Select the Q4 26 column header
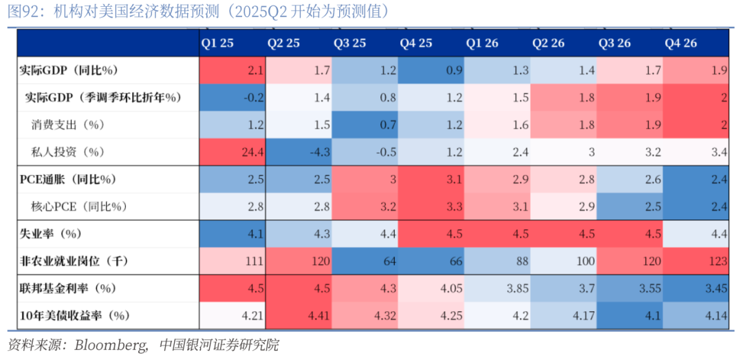click(680, 43)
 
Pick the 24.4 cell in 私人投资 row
click(233, 152)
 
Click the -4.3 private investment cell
click(299, 152)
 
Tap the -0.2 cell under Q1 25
click(233, 98)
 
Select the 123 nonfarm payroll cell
click(696, 262)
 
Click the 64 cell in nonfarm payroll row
click(365, 262)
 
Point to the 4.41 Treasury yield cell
click(299, 316)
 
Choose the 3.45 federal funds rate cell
click(696, 288)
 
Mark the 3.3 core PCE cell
click(431, 207)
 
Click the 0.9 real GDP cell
click(431, 70)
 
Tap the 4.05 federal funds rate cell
click(431, 288)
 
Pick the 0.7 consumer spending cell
click(365, 125)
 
